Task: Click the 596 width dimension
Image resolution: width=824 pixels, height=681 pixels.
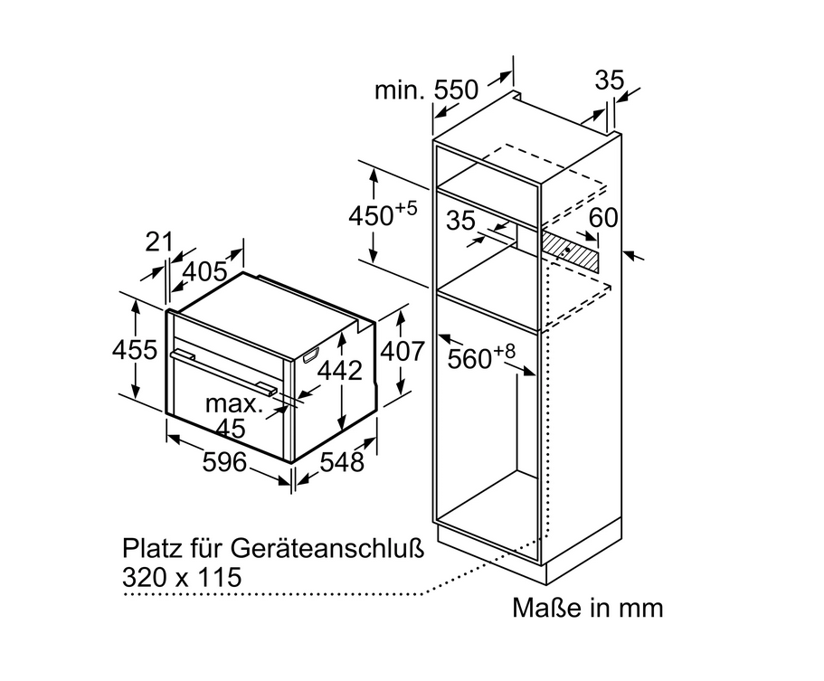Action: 224,462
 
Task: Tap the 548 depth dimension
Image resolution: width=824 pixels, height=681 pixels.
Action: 342,462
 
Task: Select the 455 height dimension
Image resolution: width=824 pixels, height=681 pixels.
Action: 135,349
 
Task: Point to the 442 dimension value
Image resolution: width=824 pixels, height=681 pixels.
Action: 340,371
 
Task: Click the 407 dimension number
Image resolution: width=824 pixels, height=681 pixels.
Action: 402,351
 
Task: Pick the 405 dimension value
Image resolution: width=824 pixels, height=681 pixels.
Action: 205,271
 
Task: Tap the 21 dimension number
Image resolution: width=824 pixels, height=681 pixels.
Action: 158,241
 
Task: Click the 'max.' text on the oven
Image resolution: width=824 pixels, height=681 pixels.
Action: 234,403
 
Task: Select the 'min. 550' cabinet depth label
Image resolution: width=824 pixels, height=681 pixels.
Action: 426,90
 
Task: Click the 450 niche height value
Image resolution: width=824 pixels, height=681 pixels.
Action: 371,215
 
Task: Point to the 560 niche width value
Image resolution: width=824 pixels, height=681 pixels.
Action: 469,359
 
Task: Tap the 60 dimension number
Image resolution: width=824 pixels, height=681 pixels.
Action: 603,218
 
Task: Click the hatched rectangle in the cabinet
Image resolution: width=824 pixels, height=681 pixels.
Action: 570,252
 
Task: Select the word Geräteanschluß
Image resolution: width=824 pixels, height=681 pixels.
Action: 327,549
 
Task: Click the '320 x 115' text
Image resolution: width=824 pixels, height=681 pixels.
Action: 182,577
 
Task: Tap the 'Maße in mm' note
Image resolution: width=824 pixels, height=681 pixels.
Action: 588,608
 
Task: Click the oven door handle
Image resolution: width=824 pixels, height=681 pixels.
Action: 223,372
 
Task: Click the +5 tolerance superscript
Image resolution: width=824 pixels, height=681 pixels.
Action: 406,208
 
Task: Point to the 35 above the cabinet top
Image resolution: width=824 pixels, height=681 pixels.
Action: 610,80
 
